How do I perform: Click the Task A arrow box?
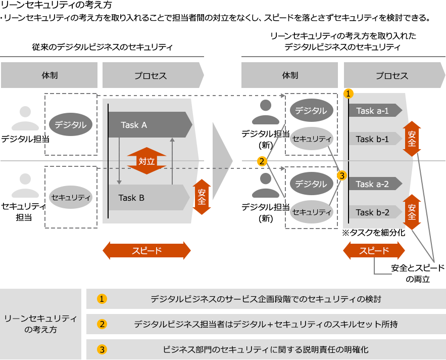tap(150, 125)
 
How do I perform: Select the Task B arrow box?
tap(146, 198)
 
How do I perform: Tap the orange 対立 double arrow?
tap(146, 161)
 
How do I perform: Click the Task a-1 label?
tap(374, 111)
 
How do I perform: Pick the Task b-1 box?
tap(374, 139)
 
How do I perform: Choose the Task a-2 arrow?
tap(374, 184)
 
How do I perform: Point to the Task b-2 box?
tap(374, 212)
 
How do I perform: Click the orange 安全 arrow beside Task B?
tap(202, 197)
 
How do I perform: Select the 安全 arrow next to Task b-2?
tap(412, 212)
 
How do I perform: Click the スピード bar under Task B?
tap(146, 250)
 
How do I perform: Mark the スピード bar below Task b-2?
tap(374, 250)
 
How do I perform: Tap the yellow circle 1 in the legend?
tap(102, 299)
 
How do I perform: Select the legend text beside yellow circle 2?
tap(266, 324)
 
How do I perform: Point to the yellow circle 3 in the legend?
tap(102, 349)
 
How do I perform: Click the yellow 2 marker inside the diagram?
tap(262, 161)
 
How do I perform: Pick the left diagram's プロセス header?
tap(153, 76)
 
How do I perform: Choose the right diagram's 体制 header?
tap(289, 76)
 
